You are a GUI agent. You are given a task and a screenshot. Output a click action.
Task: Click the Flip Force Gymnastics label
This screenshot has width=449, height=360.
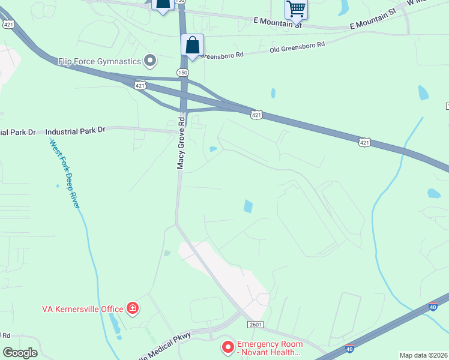click(100, 61)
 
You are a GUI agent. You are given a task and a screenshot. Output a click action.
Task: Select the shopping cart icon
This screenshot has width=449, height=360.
click(296, 9)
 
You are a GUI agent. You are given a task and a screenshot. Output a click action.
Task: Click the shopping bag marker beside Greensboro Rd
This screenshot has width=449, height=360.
click(192, 46)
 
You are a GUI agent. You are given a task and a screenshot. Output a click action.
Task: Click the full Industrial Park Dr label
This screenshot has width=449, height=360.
click(75, 130)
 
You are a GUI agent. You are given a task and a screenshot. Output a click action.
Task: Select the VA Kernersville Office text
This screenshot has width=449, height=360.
click(82, 309)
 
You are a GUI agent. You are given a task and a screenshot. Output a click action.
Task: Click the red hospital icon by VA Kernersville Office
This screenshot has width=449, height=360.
click(132, 309)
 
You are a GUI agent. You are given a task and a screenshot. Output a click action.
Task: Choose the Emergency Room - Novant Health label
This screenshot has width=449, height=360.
click(268, 348)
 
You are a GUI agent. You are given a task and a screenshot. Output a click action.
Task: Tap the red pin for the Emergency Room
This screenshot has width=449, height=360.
click(228, 347)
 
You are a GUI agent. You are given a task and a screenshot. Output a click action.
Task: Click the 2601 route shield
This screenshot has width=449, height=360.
click(255, 325)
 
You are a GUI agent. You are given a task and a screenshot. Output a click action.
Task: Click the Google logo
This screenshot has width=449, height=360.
click(20, 353)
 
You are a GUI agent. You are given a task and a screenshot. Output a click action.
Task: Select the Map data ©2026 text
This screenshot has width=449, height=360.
click(424, 355)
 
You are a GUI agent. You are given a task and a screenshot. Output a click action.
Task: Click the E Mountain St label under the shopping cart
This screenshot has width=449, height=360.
click(277, 22)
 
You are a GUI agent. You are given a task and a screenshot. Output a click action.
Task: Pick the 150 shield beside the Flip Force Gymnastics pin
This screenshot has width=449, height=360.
click(182, 72)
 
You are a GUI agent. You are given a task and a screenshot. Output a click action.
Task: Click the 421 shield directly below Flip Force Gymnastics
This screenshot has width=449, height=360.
click(140, 86)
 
